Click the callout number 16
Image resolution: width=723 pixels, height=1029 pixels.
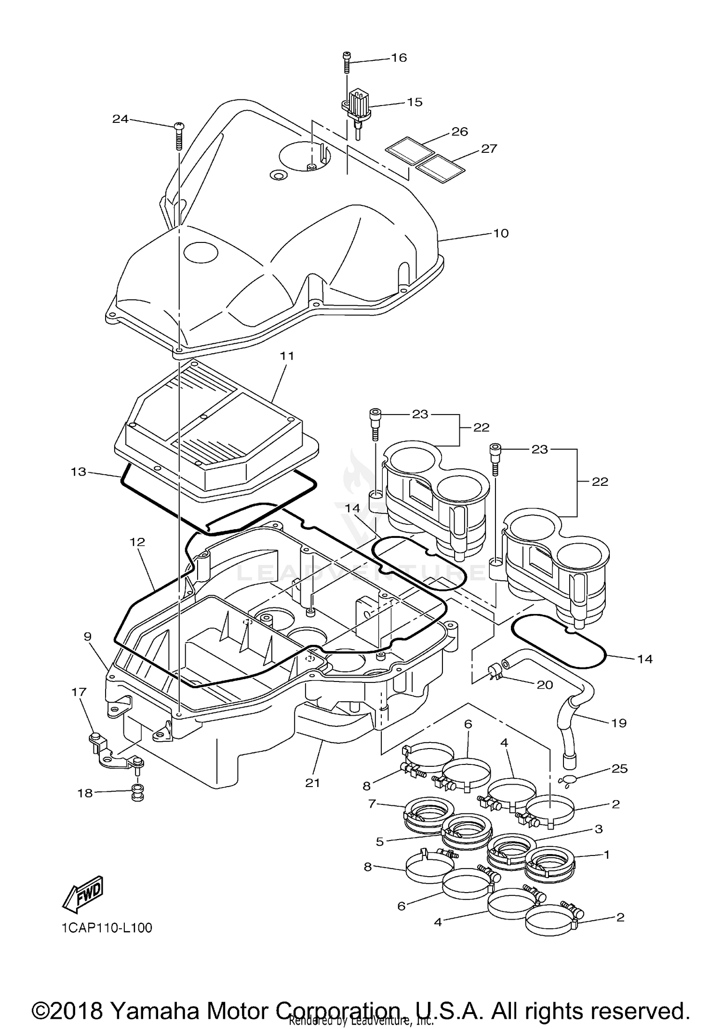[399, 58]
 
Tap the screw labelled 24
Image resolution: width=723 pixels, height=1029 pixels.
[178, 135]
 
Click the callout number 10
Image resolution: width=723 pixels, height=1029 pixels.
[501, 233]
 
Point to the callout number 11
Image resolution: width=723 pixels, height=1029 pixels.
[287, 356]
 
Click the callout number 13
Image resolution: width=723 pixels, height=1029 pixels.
[78, 471]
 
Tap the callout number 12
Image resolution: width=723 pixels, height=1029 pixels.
[137, 542]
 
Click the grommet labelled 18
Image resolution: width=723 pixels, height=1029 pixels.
[136, 792]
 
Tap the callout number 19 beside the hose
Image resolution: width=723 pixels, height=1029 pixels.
[619, 723]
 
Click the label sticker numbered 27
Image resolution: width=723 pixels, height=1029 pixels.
[440, 169]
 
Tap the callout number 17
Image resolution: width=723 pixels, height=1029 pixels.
[79, 692]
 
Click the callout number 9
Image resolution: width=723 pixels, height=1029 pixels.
[87, 637]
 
